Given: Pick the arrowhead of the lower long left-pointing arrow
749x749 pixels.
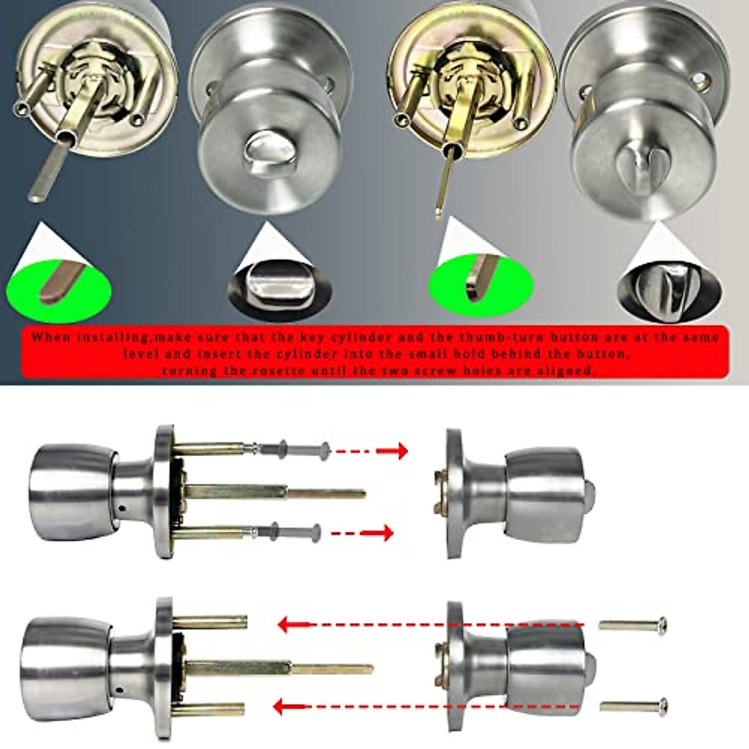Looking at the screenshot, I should tap(285, 707).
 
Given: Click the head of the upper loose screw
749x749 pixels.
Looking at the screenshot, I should tap(662, 624).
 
